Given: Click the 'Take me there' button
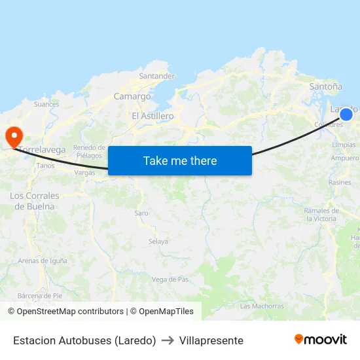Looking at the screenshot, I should point(180,160).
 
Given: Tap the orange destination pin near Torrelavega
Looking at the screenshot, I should point(14,136).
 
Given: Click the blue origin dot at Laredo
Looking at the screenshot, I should point(346,115).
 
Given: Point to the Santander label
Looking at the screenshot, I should point(157,76).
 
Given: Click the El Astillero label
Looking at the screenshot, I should point(153,116).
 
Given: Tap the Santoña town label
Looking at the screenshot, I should point(325,86).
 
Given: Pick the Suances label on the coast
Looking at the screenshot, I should point(46,104).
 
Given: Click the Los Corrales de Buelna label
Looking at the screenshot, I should point(35,201).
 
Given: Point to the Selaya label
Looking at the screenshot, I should point(158,242).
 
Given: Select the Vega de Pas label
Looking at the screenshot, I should point(170,279).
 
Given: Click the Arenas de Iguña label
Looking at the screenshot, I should point(43,261).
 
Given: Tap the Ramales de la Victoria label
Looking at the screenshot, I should point(321,215).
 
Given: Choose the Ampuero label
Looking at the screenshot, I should point(345,158).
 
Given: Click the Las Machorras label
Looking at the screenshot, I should point(262,306).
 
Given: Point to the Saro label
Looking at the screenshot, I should point(141,213).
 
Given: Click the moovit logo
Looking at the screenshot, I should point(321,339).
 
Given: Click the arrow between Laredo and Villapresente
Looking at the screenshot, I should point(168,340).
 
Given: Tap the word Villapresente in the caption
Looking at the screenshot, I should point(211,340).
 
